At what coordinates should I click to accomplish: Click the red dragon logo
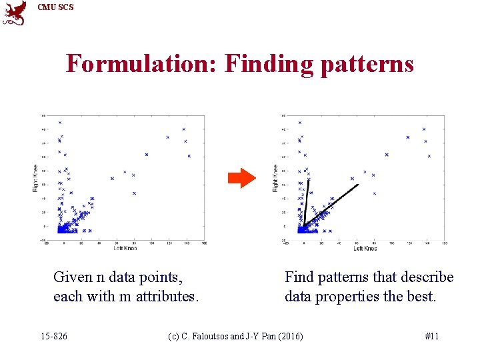pos(14,13)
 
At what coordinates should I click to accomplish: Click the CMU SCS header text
pos(56,7)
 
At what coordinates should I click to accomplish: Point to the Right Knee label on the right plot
pos(275,178)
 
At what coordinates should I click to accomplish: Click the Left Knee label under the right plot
pos(365,248)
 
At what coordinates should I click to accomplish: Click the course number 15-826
pos(53,336)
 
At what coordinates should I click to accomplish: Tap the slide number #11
pos(431,336)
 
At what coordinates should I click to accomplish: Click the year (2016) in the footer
pos(289,336)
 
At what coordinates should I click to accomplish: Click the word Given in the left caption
pos(73,277)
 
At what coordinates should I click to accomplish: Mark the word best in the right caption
pos(422,296)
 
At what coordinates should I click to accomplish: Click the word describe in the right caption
pos(427,277)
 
